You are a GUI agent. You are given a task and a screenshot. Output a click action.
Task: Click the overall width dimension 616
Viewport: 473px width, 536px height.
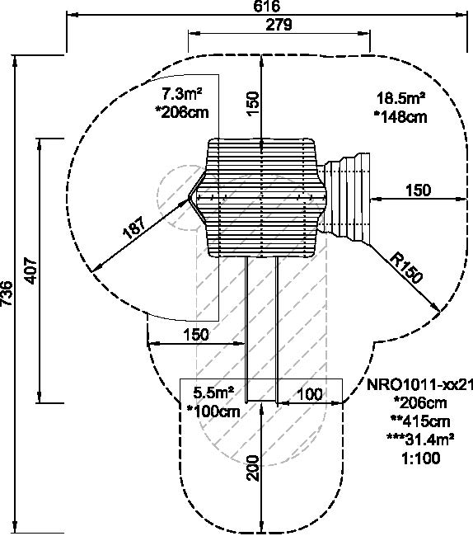(267, 6)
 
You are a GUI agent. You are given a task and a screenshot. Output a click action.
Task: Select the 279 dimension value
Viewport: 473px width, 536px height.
(279, 25)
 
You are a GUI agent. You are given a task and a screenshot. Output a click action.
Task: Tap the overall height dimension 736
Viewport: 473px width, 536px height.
(7, 294)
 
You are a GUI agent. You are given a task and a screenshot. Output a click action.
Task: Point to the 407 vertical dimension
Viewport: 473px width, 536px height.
(31, 270)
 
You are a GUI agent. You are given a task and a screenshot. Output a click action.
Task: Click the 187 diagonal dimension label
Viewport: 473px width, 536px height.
(134, 227)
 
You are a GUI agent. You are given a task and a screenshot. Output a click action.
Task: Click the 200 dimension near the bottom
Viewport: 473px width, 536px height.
(254, 468)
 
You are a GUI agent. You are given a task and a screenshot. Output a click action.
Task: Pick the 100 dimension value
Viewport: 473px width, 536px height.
(310, 394)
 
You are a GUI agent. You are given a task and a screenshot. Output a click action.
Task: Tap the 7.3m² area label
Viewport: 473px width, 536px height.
(181, 93)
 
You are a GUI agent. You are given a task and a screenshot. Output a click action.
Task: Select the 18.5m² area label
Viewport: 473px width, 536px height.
(401, 98)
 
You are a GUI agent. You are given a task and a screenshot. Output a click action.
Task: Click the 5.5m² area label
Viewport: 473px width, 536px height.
(213, 393)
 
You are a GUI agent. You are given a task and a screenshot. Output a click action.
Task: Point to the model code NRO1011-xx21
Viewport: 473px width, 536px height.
(419, 385)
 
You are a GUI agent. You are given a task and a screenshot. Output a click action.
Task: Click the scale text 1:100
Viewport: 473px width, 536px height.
(421, 458)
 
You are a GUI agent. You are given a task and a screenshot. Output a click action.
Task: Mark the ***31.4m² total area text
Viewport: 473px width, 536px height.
(420, 440)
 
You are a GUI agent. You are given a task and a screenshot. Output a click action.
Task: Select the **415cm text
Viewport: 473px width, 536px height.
(420, 421)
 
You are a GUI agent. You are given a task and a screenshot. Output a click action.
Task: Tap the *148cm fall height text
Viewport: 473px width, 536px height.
(400, 117)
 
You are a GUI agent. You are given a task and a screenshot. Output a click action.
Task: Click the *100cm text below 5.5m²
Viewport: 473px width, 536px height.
(213, 411)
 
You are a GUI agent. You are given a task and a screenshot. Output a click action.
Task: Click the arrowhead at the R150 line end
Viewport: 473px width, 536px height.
(436, 308)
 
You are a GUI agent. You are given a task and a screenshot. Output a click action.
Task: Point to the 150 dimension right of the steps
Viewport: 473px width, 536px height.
(419, 190)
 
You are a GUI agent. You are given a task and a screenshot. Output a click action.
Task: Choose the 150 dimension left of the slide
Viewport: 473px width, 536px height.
(196, 334)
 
